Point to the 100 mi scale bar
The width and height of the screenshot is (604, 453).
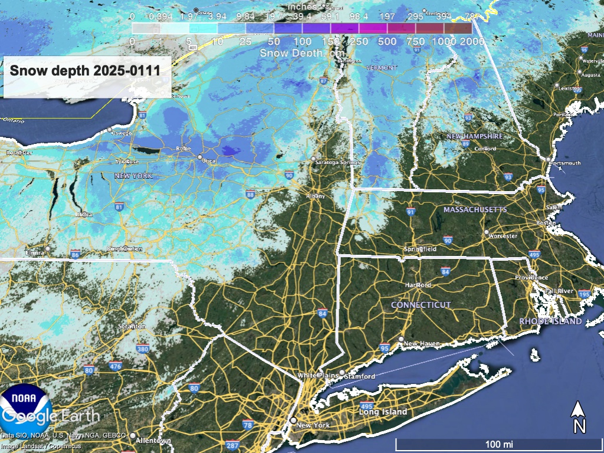pyautogui.click(x=498, y=442)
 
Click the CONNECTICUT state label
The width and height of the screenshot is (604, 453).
pyautogui.click(x=421, y=305)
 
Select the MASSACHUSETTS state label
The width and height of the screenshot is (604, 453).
pyautogui.click(x=475, y=210)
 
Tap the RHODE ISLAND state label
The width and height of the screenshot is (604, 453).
pyautogui.click(x=550, y=321)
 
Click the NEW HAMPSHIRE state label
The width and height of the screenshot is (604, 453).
pyautogui.click(x=474, y=136)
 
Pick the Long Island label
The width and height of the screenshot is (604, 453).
pyautogui.click(x=383, y=412)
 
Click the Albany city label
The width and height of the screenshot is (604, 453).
pyautogui.click(x=316, y=196)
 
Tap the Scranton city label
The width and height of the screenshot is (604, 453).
pyautogui.click(x=132, y=326)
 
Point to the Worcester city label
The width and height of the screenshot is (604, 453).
pyautogui.click(x=503, y=236)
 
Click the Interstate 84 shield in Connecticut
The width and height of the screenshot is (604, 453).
pyautogui.click(x=445, y=271)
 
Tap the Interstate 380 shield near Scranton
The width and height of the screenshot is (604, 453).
pyautogui.click(x=142, y=349)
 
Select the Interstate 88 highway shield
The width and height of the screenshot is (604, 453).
pyautogui.click(x=251, y=193)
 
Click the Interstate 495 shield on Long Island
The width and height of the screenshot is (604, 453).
pyautogui.click(x=366, y=406)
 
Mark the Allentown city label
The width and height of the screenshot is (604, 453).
pyautogui.click(x=153, y=441)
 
